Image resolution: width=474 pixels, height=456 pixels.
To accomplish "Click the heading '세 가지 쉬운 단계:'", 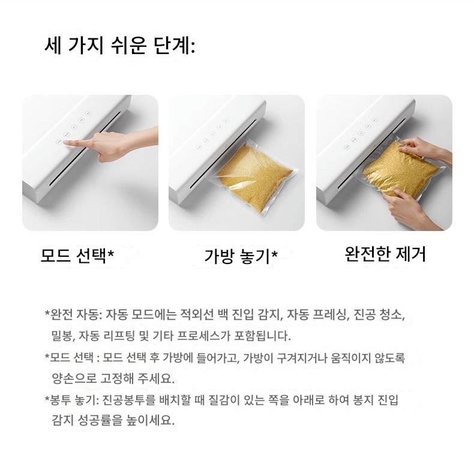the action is tap(119, 46).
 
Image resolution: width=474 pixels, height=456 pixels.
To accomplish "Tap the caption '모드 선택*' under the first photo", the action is tap(77, 256).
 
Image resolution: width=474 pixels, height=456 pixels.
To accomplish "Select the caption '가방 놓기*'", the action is tap(241, 256).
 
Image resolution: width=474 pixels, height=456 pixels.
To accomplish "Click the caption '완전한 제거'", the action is tap(385, 254).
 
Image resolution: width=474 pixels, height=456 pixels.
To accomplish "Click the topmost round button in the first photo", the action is tap(88, 113).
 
